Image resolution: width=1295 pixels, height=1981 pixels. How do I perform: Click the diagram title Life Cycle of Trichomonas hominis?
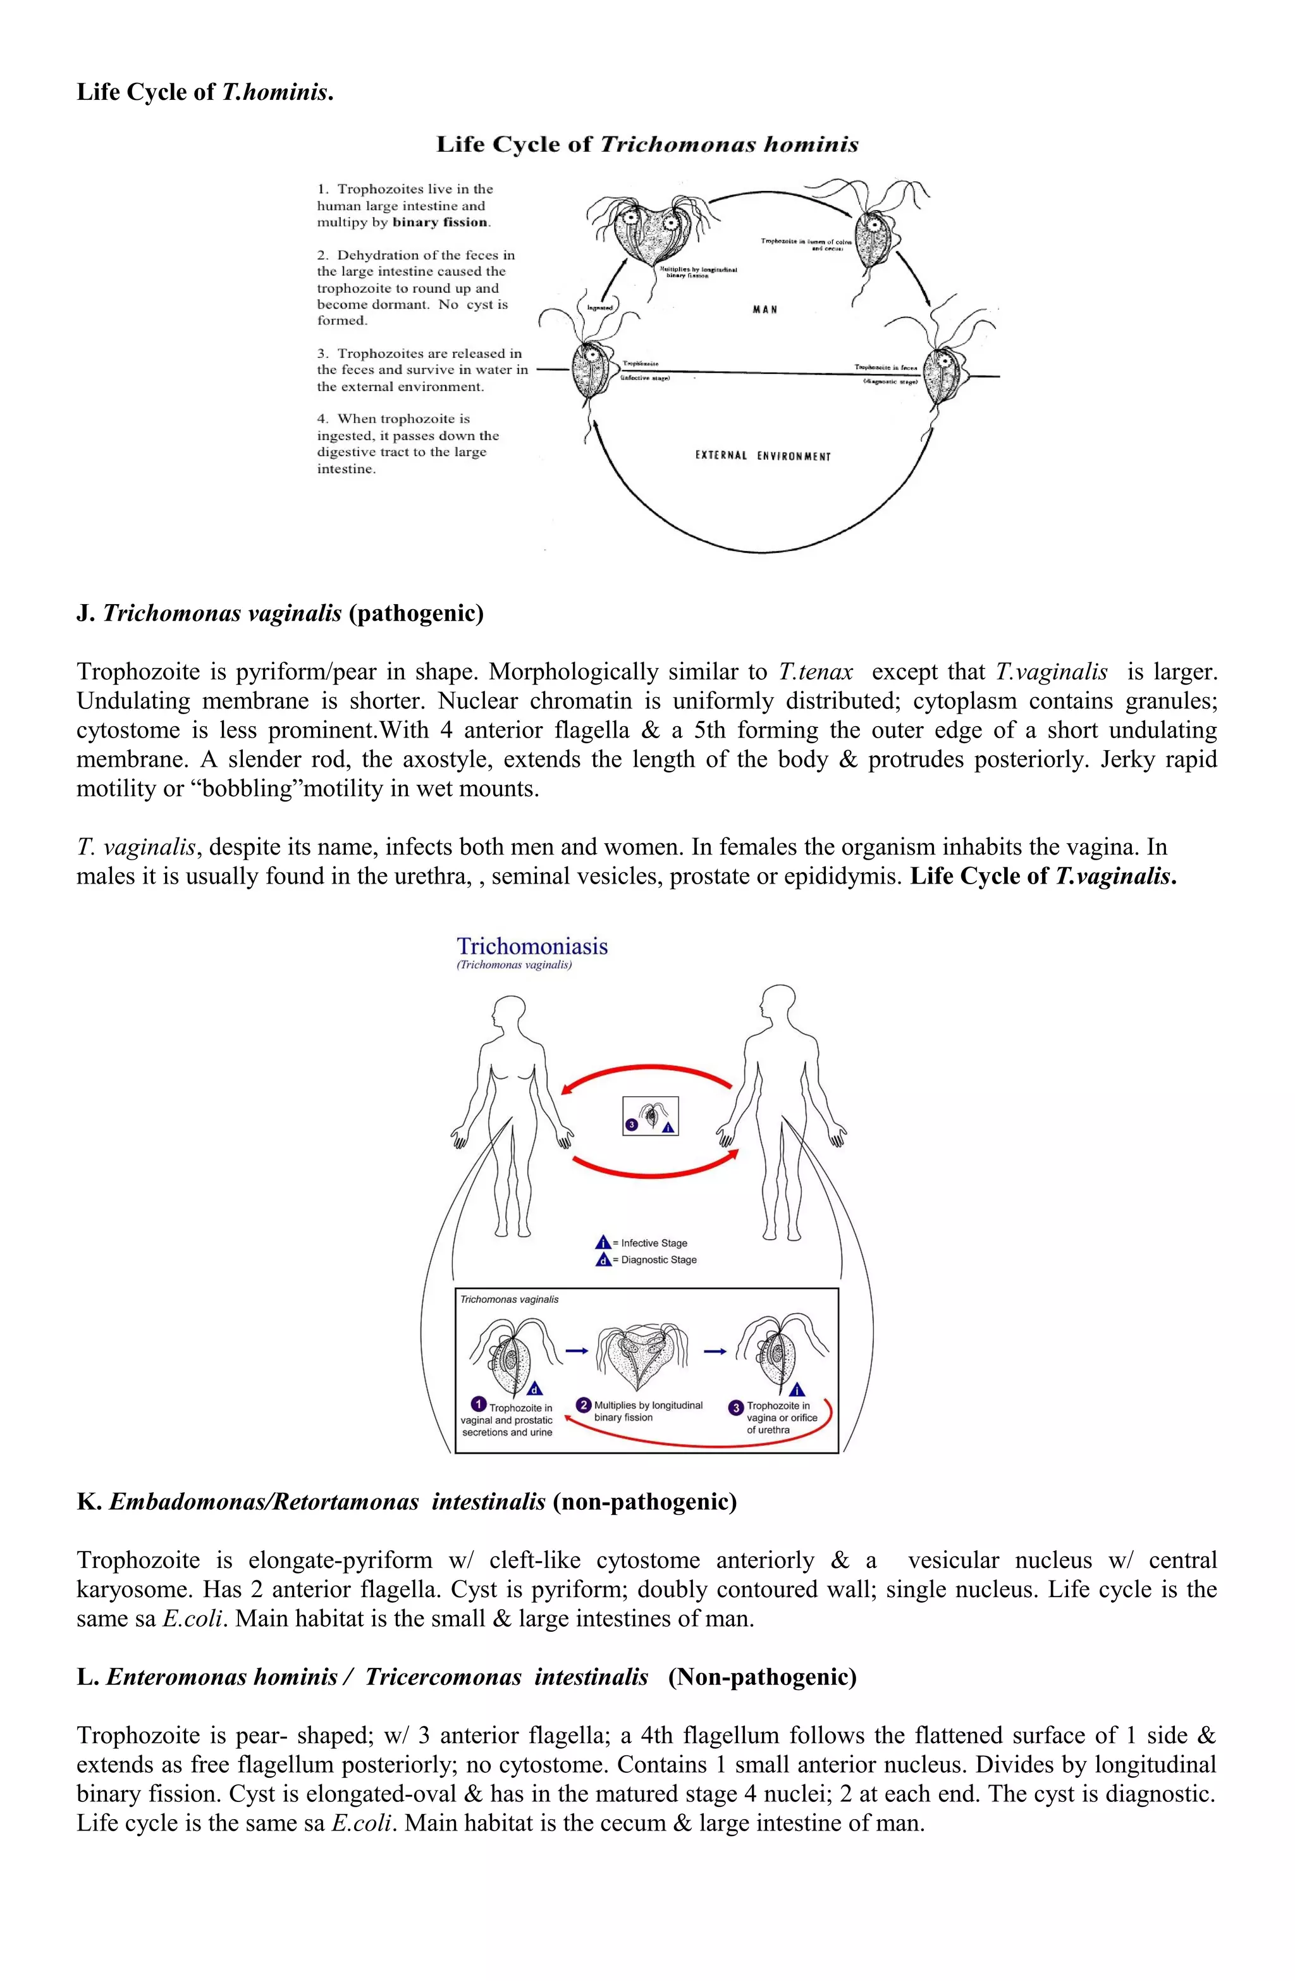(647, 145)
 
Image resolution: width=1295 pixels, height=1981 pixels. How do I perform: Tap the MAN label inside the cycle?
(764, 310)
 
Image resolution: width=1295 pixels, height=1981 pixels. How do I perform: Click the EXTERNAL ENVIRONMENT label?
(763, 456)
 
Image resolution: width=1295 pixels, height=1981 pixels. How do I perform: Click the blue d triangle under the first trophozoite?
(535, 1388)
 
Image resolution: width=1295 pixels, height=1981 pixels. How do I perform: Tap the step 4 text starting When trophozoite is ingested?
(407, 443)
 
